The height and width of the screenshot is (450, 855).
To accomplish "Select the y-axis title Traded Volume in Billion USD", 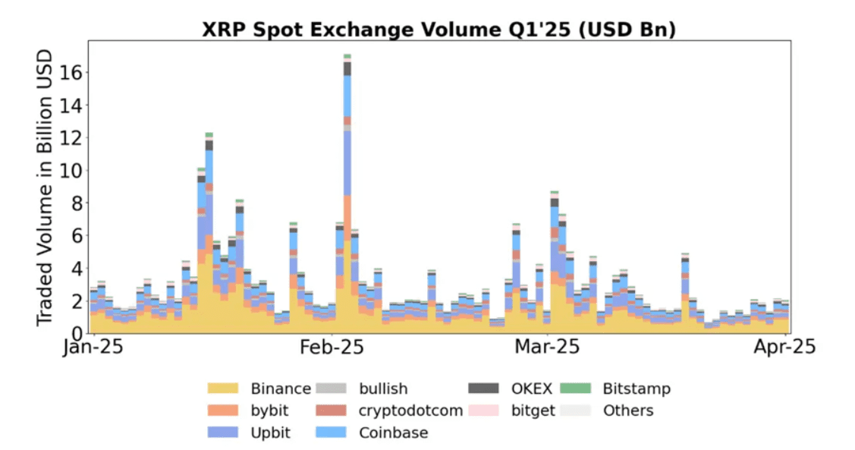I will [x=45, y=187].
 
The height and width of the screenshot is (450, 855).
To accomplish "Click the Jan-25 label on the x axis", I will [x=92, y=348].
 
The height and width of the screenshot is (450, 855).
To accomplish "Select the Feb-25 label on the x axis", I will [x=332, y=348].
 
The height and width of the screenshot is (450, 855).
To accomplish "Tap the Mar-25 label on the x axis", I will [x=547, y=348].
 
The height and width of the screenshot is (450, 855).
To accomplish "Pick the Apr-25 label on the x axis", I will [x=784, y=348].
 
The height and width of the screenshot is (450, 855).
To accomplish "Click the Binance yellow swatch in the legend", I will [x=223, y=389].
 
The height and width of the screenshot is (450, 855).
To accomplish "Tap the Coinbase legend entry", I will [x=393, y=433].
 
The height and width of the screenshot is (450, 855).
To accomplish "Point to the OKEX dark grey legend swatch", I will [x=483, y=389].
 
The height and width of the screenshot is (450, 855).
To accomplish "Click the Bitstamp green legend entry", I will [x=636, y=389].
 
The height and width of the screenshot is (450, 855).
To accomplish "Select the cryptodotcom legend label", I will [x=410, y=411].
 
